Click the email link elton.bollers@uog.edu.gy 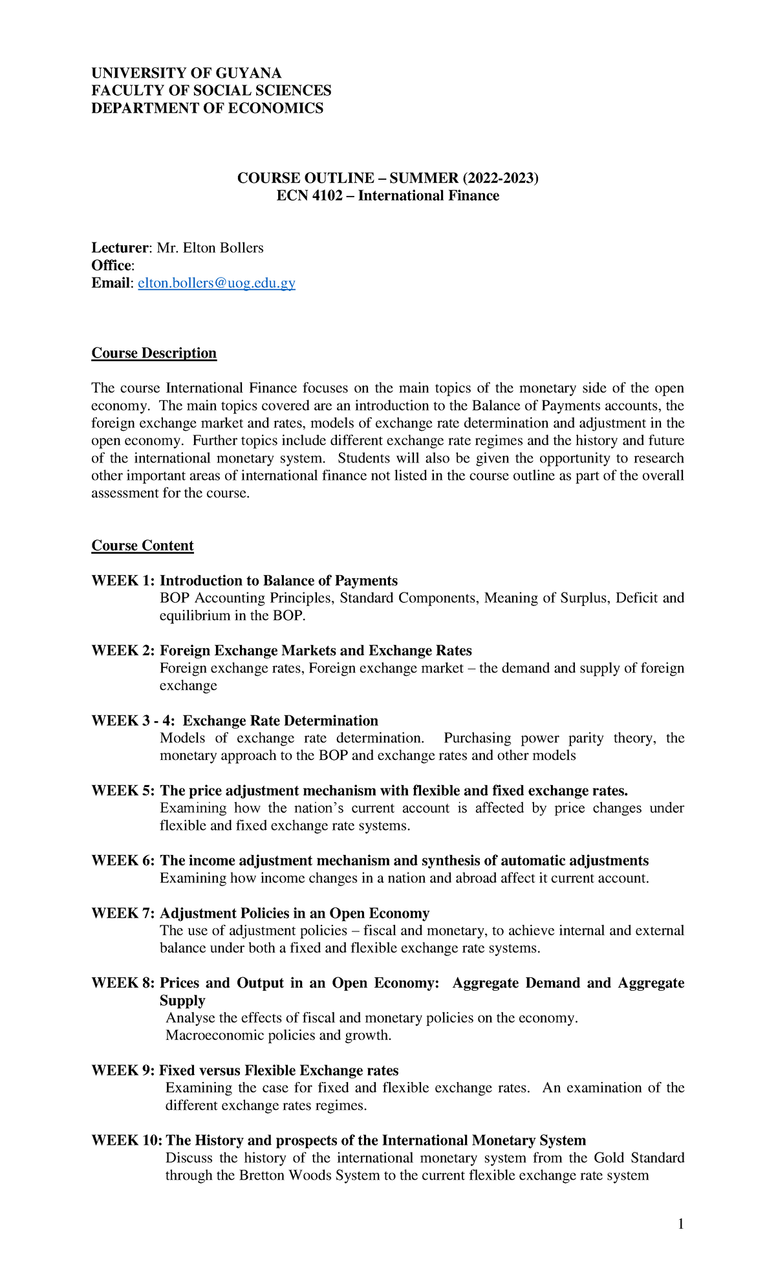click(217, 283)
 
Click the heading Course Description click(154, 353)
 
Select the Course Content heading click(142, 546)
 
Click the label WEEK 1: click(123, 581)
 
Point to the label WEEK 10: click(127, 1140)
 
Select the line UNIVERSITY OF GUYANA click(186, 73)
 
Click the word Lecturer click(120, 248)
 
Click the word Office click(111, 265)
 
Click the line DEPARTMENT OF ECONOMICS click(207, 108)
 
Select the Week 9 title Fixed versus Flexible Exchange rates click(279, 1070)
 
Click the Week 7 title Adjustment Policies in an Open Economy click(294, 913)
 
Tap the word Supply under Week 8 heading click(182, 1001)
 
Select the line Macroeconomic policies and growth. click(279, 1035)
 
